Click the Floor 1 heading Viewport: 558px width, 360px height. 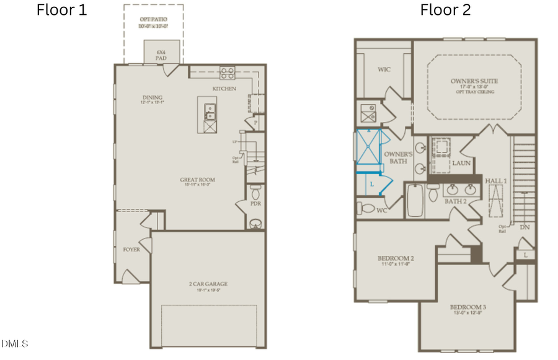[x=62, y=10]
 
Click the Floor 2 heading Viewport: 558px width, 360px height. [x=445, y=10]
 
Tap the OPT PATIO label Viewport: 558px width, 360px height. [x=153, y=19]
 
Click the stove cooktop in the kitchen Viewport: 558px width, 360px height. [x=228, y=73]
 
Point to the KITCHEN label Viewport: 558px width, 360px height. [x=224, y=89]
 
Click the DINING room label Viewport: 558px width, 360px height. [x=152, y=97]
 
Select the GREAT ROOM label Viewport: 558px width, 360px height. [x=198, y=180]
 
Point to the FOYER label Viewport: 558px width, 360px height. [x=131, y=250]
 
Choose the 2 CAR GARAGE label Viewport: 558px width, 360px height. [x=208, y=284]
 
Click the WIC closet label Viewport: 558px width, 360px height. [x=384, y=70]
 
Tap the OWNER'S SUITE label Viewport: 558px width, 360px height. [x=474, y=81]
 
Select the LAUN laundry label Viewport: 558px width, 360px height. [x=461, y=163]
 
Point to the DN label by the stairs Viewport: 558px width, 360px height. [x=525, y=227]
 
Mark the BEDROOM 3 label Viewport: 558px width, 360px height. [x=468, y=307]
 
